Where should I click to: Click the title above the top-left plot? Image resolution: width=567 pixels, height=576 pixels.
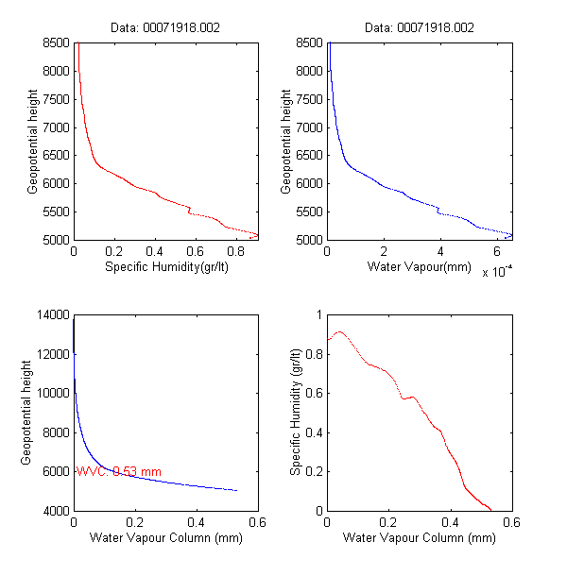coord(165,28)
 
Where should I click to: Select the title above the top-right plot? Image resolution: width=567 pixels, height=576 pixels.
coord(419,28)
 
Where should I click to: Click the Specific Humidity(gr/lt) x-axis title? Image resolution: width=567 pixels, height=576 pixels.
coord(165,267)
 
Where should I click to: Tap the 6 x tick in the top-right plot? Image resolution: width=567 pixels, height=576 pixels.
coord(497,252)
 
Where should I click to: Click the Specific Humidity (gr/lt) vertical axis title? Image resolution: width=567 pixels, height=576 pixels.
coord(296,413)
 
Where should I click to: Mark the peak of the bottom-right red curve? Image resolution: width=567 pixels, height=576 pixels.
coord(338,331)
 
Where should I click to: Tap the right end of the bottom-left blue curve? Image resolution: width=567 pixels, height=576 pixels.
coord(236,490)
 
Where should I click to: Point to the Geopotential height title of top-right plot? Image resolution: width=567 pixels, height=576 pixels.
coord(286,142)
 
